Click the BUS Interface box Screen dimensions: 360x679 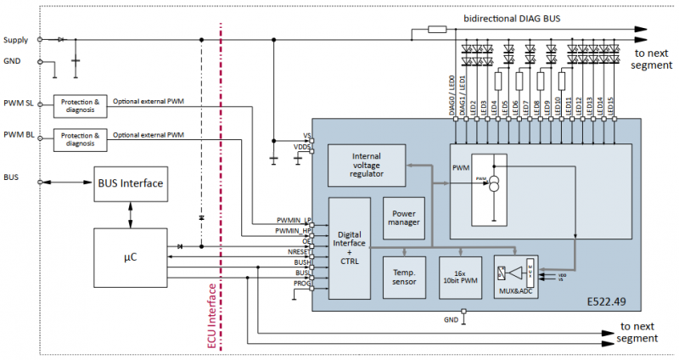(129, 183)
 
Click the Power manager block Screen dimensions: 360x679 (404, 217)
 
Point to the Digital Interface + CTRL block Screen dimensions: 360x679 (349, 247)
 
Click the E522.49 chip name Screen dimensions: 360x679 (609, 301)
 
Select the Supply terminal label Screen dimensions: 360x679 (16, 40)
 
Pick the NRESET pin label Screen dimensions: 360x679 (300, 253)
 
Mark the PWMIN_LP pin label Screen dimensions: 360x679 (294, 219)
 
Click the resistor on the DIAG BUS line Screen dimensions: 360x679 (437, 30)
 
